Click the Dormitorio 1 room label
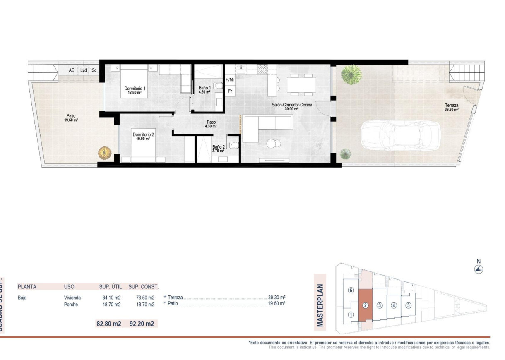coord(135,89)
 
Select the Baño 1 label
coord(205,88)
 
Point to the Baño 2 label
coord(219,147)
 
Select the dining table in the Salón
coord(301,85)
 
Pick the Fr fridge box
coord(230,91)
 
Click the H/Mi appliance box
coord(230,79)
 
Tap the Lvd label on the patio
coord(84,70)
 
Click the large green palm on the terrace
coord(351,75)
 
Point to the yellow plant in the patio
coord(105,153)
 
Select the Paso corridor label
coord(211,122)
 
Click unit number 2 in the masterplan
coord(365,306)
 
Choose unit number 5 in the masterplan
coord(408,306)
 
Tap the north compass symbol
coord(479,269)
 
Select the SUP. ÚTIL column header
coord(109,286)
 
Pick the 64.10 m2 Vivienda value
coord(111,298)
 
